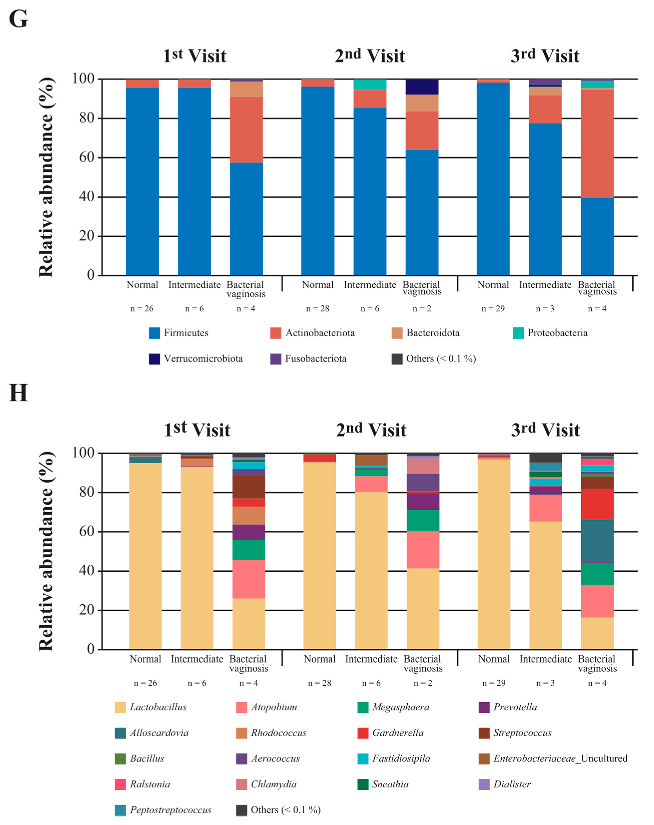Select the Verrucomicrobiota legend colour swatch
(154, 359)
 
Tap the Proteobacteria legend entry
(550, 333)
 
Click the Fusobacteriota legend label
(315, 359)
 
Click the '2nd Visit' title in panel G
(370, 56)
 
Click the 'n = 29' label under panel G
(493, 309)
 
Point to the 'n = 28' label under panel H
(319, 683)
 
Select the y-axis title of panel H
(46, 551)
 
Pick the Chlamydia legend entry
(273, 784)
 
